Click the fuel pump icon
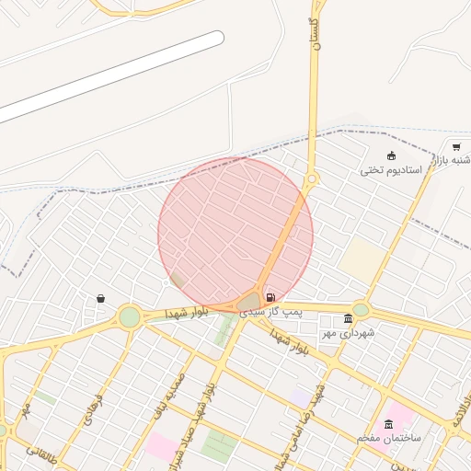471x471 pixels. (x=270, y=297)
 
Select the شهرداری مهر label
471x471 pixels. (x=348, y=332)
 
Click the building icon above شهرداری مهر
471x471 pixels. (x=348, y=319)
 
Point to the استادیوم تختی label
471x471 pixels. (x=390, y=170)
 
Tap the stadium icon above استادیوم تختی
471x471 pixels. (x=391, y=155)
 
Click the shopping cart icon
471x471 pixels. (x=456, y=147)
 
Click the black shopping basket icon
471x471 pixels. (x=100, y=298)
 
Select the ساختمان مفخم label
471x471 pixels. (x=389, y=438)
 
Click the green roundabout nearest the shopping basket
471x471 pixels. (x=130, y=317)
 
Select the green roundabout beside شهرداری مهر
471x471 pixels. (x=361, y=310)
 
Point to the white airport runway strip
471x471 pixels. (x=110, y=78)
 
